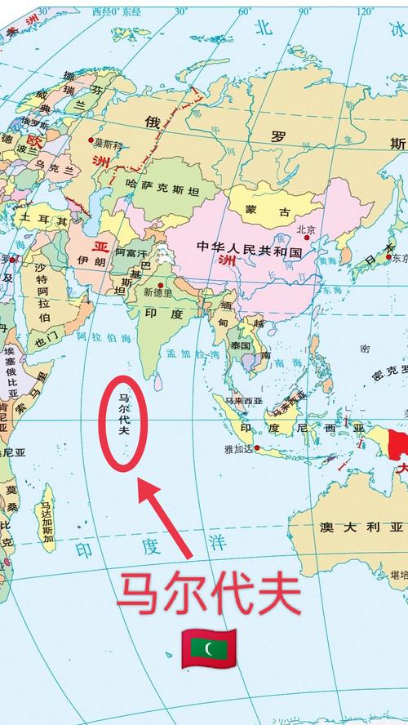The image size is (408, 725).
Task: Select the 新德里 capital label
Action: pyautogui.click(x=157, y=292)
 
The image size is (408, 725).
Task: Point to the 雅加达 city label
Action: pyautogui.click(x=235, y=450)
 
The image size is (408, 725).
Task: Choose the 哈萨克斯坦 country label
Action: pyautogui.click(x=162, y=190)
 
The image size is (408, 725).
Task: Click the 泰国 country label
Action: pyautogui.click(x=240, y=345)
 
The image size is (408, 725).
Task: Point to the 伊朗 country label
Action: pyautogui.click(x=87, y=260)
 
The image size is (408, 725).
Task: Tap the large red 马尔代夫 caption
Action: pyautogui.click(x=209, y=594)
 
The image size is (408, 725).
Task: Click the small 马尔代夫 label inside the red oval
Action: pyautogui.click(x=123, y=416)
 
